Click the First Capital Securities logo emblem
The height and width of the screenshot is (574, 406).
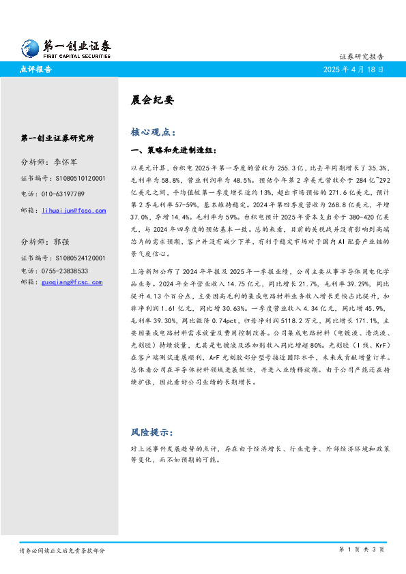[x=30, y=47]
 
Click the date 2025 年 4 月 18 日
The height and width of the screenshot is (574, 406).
[x=353, y=70]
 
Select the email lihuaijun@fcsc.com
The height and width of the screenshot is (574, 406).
[x=74, y=211]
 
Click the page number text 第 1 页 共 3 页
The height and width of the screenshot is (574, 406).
[x=362, y=549]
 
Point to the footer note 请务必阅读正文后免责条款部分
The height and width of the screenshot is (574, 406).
[x=61, y=549]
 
